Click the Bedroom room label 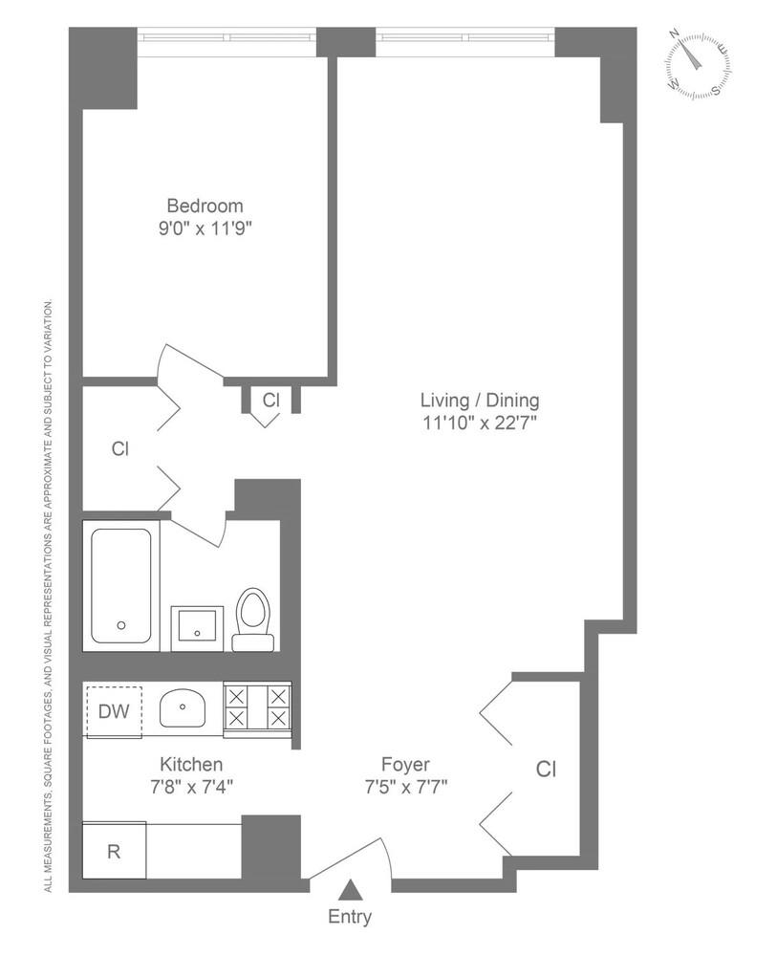click(x=205, y=206)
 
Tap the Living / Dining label click(x=481, y=401)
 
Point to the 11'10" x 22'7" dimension click(x=481, y=423)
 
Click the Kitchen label click(x=191, y=765)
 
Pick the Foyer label click(x=405, y=765)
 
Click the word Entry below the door click(x=350, y=917)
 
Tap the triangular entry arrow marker click(x=351, y=890)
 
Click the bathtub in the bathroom click(x=120, y=586)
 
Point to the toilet click(x=253, y=619)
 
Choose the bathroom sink click(x=197, y=628)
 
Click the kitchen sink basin click(x=182, y=709)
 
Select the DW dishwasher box click(x=114, y=711)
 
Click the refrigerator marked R click(x=114, y=851)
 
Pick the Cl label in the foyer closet click(x=546, y=769)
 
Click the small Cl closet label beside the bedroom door click(x=270, y=400)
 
